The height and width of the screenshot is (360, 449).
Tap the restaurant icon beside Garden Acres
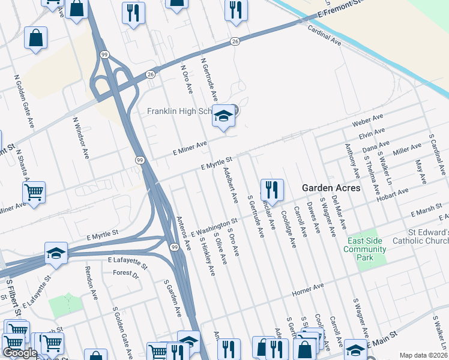[272, 190]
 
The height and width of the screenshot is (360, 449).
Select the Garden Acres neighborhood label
[331, 188]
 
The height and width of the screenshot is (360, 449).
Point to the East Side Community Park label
[364, 249]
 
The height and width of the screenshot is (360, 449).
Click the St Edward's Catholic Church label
[420, 236]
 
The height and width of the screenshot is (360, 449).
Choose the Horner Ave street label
[307, 292]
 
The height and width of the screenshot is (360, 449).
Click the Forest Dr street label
[125, 274]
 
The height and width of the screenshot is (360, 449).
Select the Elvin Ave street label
[371, 134]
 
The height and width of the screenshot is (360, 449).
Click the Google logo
[20, 353]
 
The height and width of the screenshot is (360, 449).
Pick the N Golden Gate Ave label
[25, 101]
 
